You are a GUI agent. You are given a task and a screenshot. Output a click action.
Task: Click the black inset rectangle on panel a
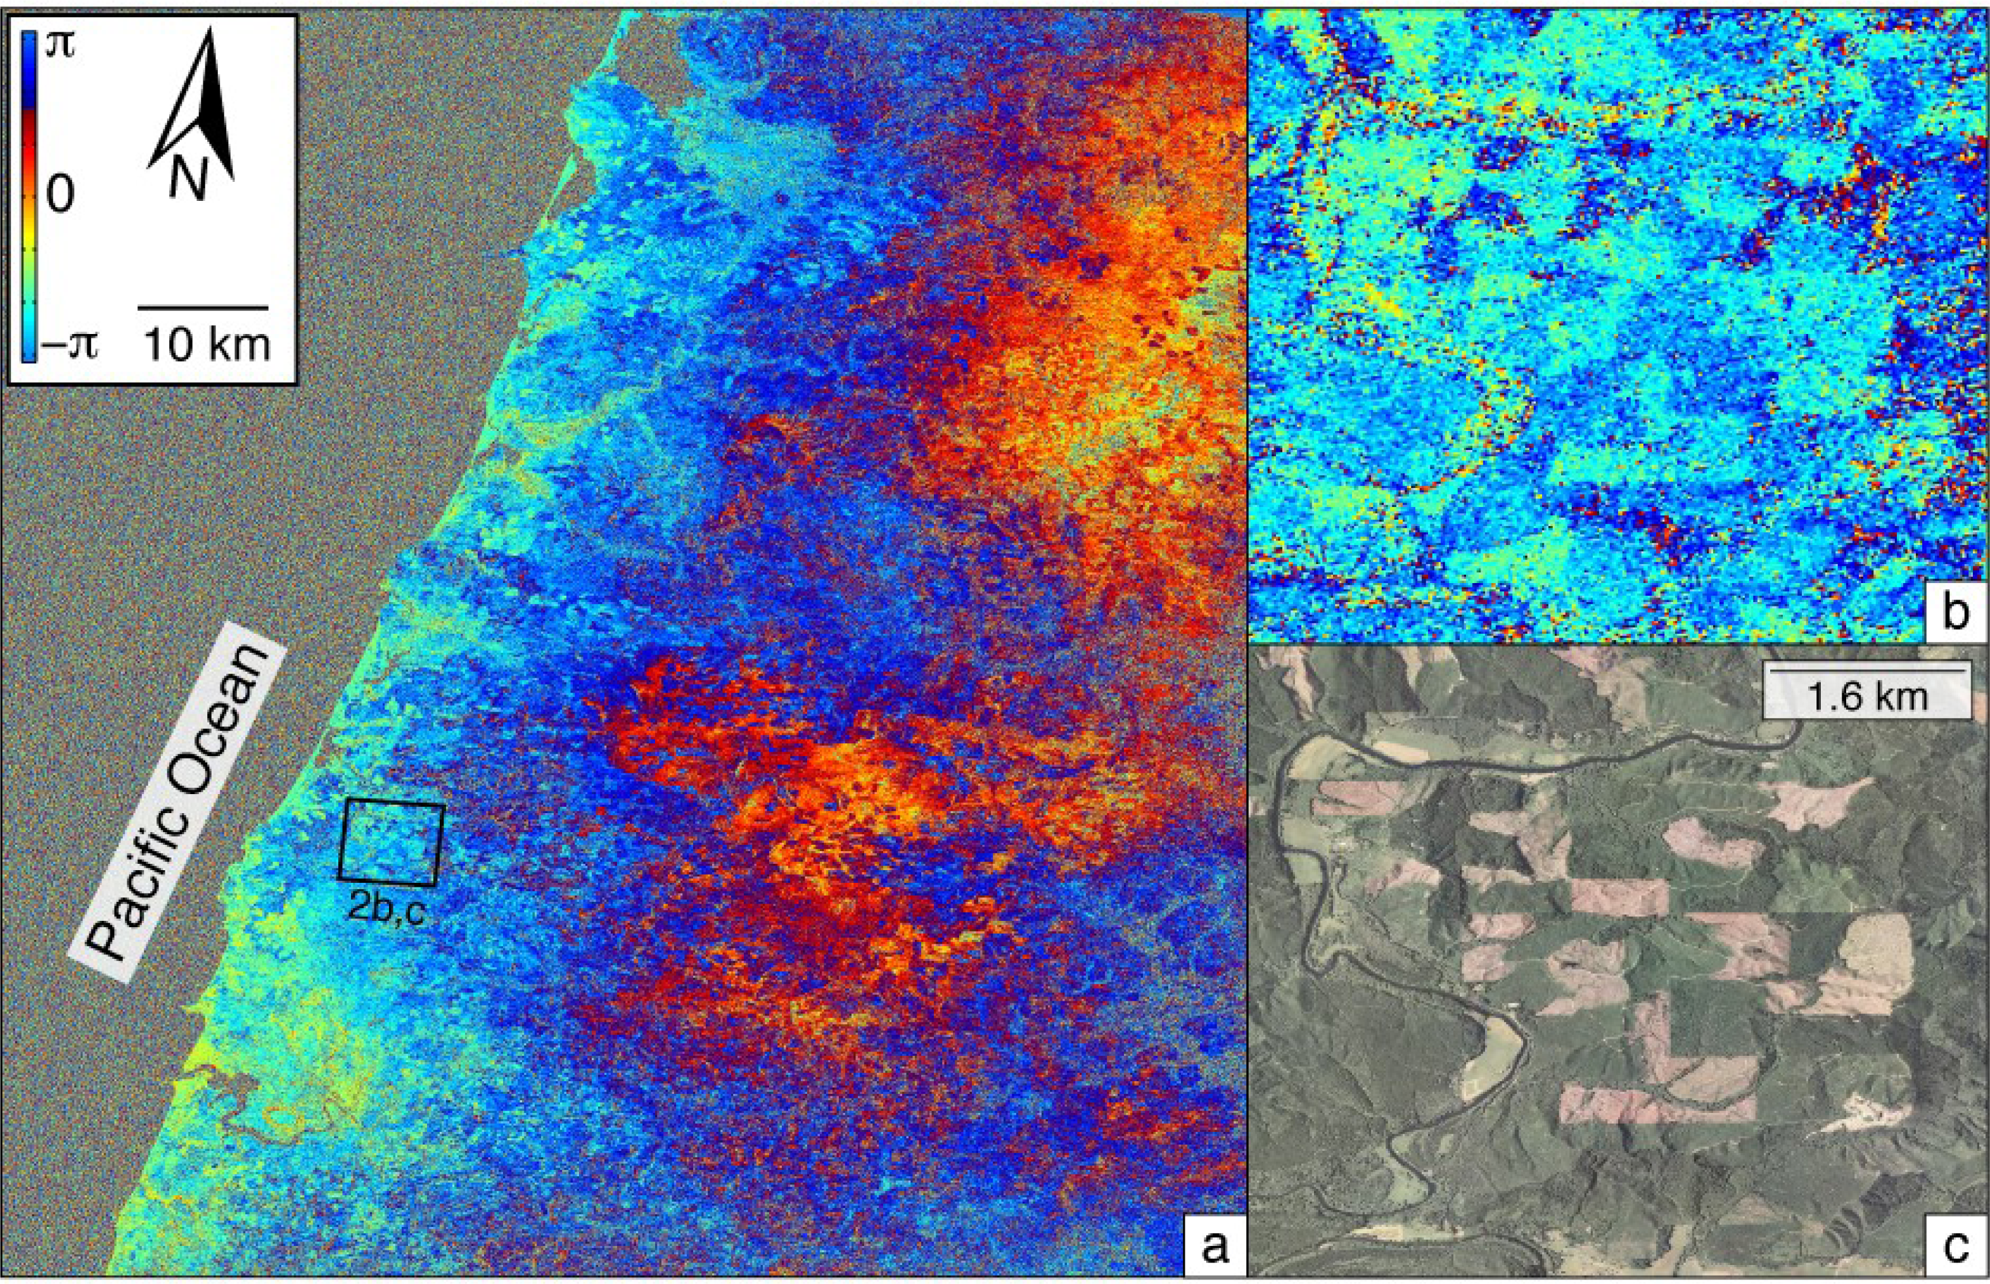coord(391,842)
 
